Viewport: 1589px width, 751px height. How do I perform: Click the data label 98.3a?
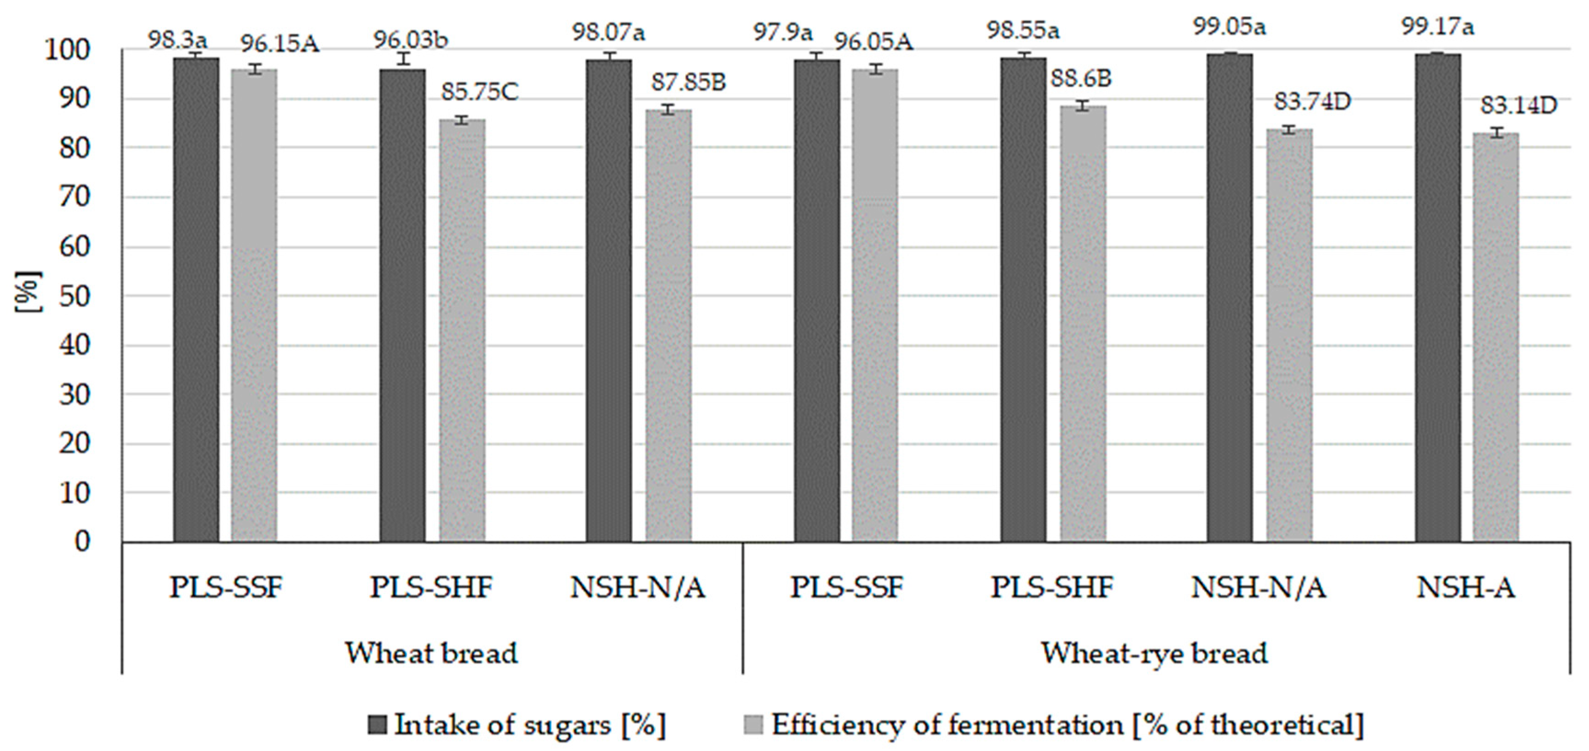tap(178, 40)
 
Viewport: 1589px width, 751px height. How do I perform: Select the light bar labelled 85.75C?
tap(462, 333)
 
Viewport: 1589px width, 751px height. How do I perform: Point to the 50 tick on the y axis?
tap(75, 297)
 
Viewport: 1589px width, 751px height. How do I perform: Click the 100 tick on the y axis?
tap(68, 50)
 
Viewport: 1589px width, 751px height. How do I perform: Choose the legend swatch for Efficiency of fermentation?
tap(754, 725)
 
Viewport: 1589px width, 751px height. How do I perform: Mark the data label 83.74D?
tap(1312, 102)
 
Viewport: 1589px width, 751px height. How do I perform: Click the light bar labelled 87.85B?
tap(669, 327)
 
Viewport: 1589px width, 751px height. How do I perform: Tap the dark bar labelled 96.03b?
tap(402, 308)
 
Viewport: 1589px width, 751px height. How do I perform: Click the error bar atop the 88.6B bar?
tap(1083, 105)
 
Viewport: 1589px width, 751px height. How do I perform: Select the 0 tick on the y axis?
tap(82, 541)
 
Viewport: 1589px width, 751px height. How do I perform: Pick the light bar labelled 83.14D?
tap(1495, 339)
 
